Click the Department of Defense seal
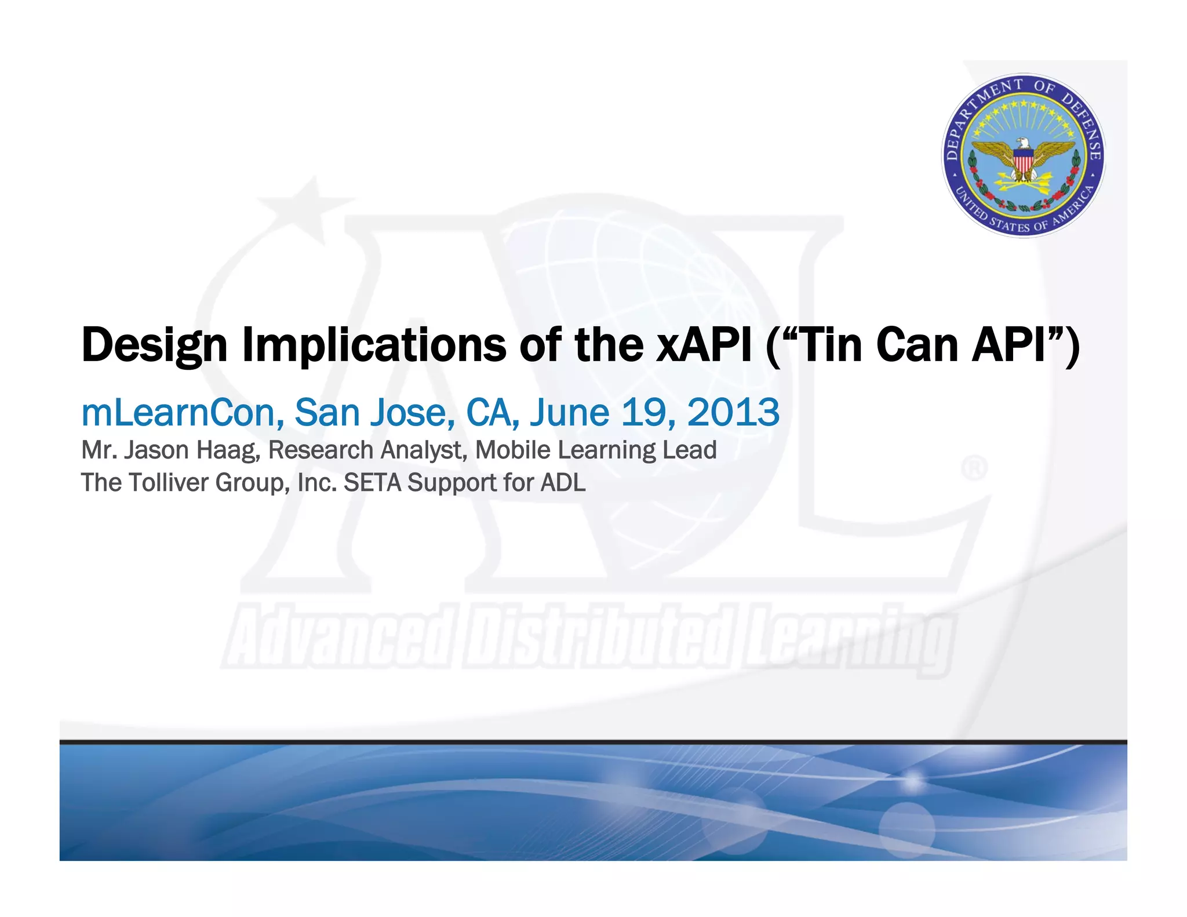click(1024, 155)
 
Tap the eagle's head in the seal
click(1024, 143)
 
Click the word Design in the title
click(154, 345)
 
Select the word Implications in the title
click(374, 345)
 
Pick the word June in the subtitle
click(569, 413)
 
